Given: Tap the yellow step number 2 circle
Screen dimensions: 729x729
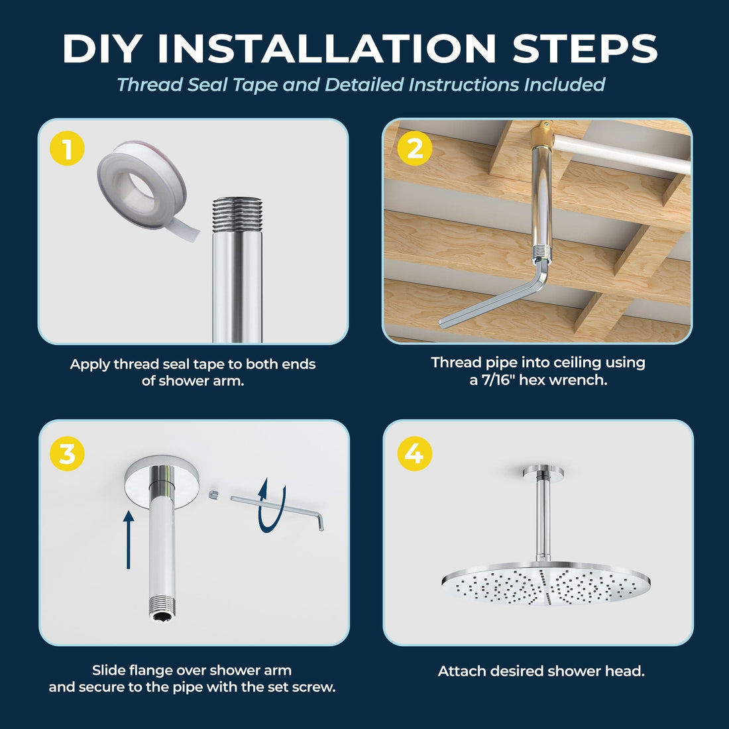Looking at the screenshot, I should [x=414, y=148].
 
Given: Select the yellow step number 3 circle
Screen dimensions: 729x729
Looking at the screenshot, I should [x=67, y=454].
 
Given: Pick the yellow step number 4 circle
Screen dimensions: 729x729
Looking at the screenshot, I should [x=414, y=454].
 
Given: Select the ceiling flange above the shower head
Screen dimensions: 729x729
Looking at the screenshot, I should [x=542, y=472].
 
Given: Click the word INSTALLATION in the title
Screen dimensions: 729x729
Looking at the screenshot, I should [x=327, y=49].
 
